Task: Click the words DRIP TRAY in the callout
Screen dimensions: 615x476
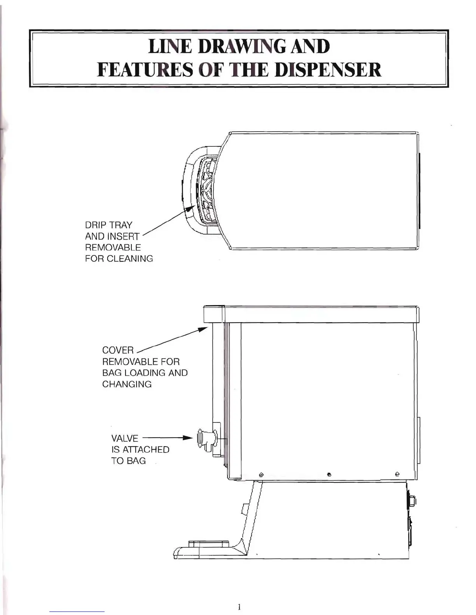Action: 108,225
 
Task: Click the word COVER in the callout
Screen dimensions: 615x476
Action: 118,350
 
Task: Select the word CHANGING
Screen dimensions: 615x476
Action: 127,384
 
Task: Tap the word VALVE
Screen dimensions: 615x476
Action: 124,438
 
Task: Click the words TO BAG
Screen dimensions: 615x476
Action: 128,461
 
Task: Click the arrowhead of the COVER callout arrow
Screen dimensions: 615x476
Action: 203,329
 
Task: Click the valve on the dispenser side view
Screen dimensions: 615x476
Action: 206,439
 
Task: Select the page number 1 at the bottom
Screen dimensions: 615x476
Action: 239,606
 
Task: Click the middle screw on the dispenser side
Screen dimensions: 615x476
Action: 329,474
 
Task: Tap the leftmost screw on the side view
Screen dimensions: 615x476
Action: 261,474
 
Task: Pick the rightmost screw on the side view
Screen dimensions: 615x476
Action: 397,474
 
